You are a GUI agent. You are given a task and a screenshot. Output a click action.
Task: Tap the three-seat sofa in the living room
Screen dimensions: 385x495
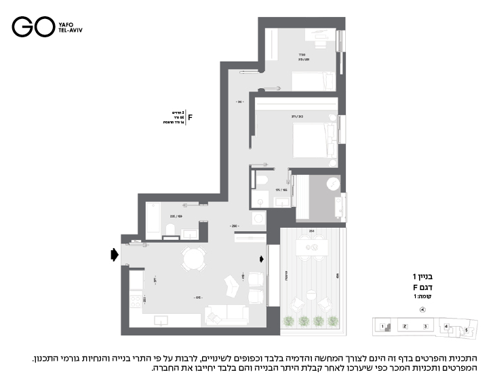pyautogui.click(x=226, y=314)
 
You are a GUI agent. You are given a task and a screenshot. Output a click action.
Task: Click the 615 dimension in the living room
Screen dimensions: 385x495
pyautogui.click(x=198, y=298)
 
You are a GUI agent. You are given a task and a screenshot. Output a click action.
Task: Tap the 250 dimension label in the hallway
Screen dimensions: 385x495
pyautogui.click(x=234, y=225)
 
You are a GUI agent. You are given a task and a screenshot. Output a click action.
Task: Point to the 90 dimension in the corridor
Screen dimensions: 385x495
pyautogui.click(x=239, y=102)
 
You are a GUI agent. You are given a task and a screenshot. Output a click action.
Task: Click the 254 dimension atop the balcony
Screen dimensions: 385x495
pyautogui.click(x=311, y=231)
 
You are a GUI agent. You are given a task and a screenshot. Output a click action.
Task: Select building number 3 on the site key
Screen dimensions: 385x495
pyautogui.click(x=424, y=327)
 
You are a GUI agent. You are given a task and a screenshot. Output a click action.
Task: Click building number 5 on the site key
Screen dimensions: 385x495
pyautogui.click(x=466, y=330)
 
